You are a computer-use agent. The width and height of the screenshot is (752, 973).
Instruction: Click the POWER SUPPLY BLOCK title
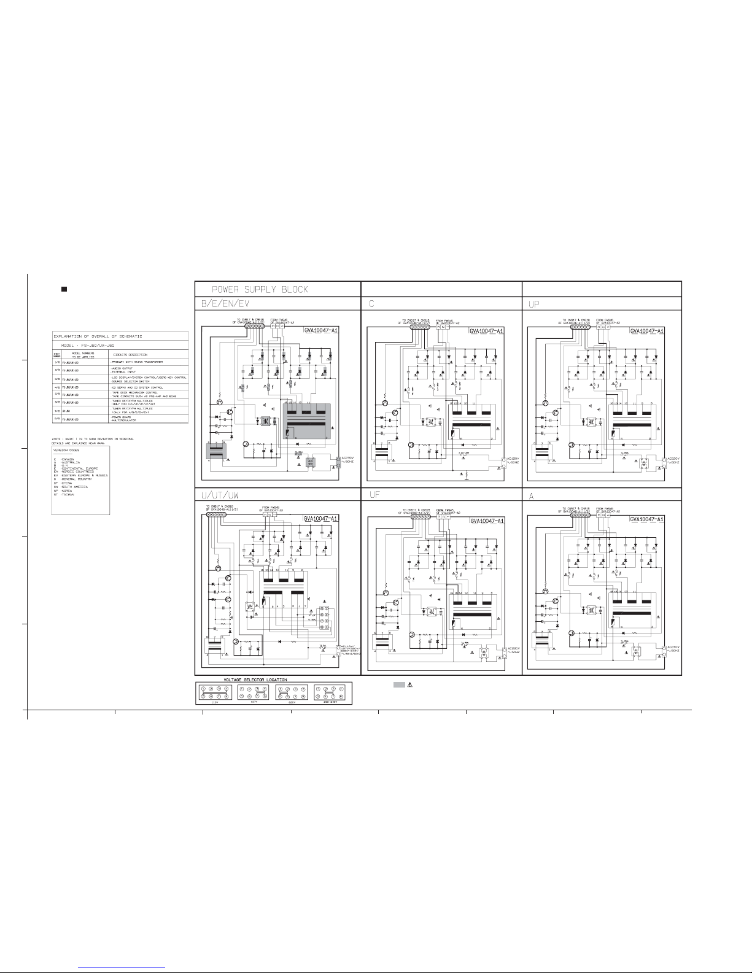(260, 289)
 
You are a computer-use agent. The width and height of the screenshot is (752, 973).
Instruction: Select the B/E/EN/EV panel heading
(223, 304)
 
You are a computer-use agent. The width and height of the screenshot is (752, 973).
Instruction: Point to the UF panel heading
(376, 494)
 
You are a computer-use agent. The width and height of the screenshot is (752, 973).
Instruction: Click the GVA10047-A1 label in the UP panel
(647, 331)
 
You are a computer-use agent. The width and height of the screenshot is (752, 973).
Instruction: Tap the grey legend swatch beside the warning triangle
(399, 684)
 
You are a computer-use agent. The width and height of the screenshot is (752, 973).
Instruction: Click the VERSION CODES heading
(68, 450)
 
